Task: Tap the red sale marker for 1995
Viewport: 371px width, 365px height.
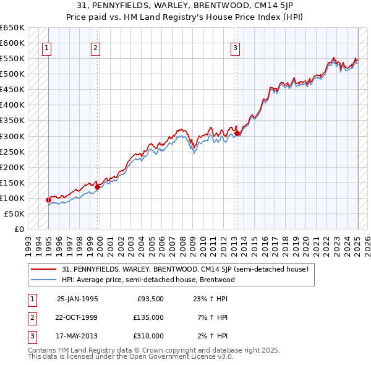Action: coord(48,200)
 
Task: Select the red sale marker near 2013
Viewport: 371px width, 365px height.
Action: coord(237,132)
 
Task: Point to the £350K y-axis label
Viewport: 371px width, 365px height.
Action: coord(13,120)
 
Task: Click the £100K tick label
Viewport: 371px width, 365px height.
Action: coord(13,198)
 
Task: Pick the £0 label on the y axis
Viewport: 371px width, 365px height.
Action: coord(19,229)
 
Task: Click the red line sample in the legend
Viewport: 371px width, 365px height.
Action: coord(45,270)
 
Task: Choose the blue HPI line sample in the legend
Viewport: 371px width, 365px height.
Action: coord(45,280)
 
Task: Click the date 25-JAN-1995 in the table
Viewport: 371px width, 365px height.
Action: coord(77,299)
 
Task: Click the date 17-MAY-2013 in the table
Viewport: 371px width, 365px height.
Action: coord(77,336)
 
